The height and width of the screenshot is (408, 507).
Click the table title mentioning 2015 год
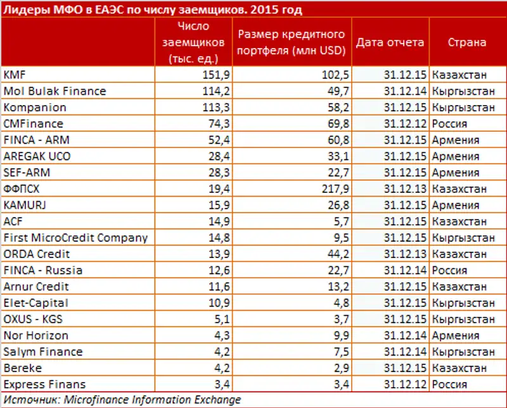coord(151,9)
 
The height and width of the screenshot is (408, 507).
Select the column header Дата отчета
coord(390,42)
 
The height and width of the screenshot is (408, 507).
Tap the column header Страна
coord(467,42)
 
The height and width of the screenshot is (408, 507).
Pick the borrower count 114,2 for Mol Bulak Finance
coord(212,91)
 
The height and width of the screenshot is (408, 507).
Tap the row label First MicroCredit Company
coord(75,238)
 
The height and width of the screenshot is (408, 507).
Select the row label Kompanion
coord(35,108)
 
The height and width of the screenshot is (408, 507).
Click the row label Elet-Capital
coord(35,303)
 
